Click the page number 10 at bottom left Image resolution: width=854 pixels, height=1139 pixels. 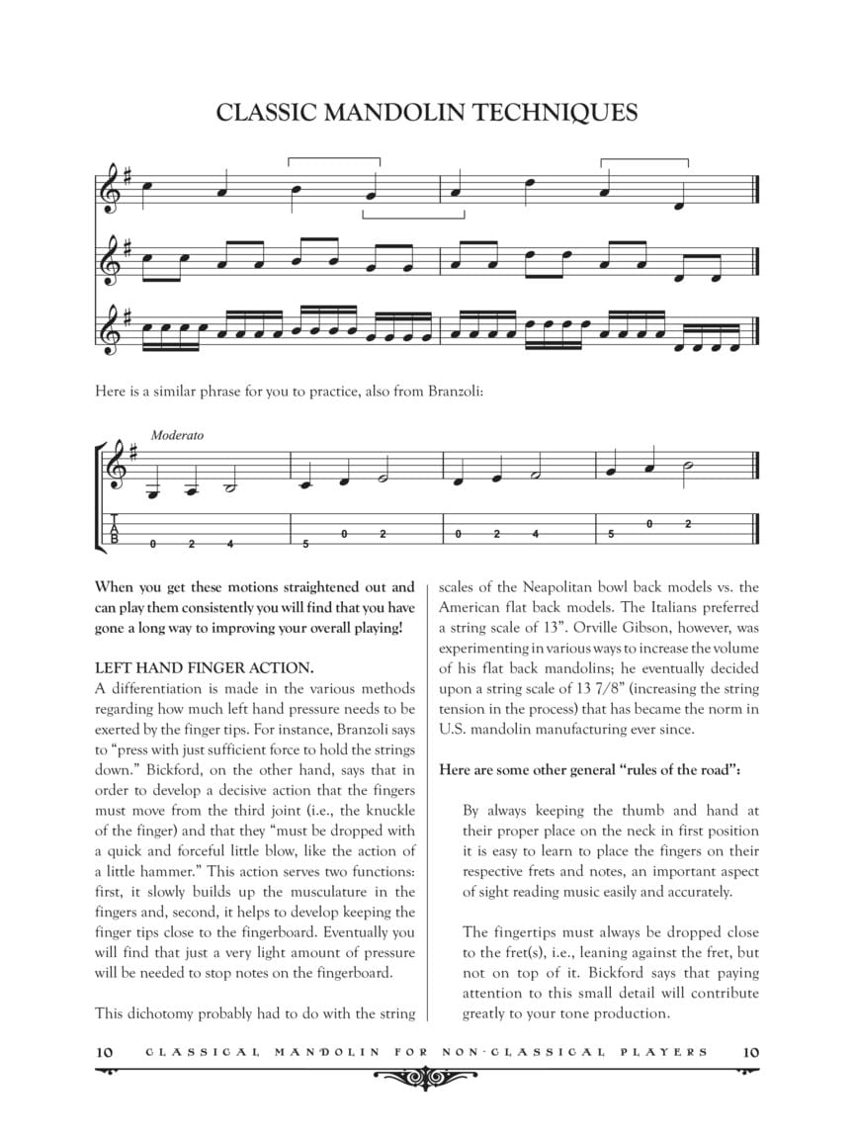click(106, 1051)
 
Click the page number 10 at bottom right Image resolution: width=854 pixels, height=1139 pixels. click(750, 1051)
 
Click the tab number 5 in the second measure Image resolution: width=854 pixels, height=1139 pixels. click(305, 544)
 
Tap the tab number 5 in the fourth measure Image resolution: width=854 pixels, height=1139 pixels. click(611, 534)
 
